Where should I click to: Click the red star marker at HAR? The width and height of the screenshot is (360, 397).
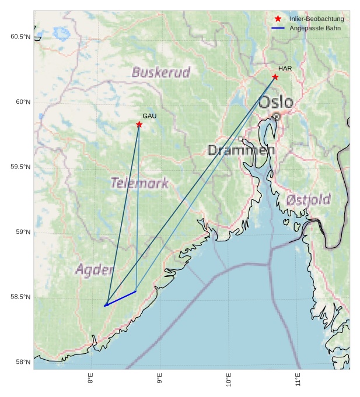pyautogui.click(x=275, y=77)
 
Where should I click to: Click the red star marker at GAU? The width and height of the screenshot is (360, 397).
pyautogui.click(x=139, y=125)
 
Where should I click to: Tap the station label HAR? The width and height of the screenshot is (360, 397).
pyautogui.click(x=285, y=69)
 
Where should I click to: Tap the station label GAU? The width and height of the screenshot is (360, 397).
pyautogui.click(x=149, y=117)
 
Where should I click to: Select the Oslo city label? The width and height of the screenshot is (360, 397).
pyautogui.click(x=275, y=103)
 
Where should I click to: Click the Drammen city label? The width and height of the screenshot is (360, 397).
pyautogui.click(x=241, y=150)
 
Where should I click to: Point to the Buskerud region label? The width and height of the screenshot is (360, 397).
pyautogui.click(x=161, y=73)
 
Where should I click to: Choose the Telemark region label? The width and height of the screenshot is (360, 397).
pyautogui.click(x=139, y=183)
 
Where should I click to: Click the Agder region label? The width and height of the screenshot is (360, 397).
pyautogui.click(x=94, y=270)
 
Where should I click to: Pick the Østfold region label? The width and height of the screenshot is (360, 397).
pyautogui.click(x=308, y=200)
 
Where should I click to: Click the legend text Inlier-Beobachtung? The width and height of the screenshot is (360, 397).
pyautogui.click(x=316, y=19)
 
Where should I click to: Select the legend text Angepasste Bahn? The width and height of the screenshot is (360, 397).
pyautogui.click(x=315, y=28)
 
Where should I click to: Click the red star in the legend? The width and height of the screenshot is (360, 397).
pyautogui.click(x=278, y=19)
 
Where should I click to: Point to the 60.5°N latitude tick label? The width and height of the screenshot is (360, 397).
pyautogui.click(x=20, y=37)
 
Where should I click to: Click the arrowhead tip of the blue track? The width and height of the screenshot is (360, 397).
pyautogui.click(x=104, y=305)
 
